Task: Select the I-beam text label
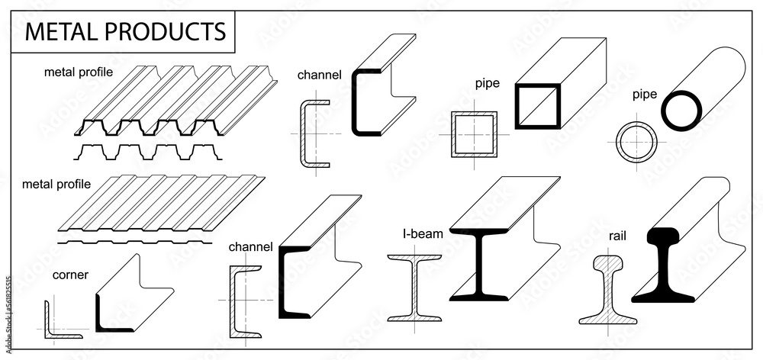tap(423, 234)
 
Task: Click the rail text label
tap(618, 236)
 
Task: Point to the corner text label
tap(70, 275)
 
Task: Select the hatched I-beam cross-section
tap(414, 288)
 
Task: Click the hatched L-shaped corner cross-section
tap(48, 320)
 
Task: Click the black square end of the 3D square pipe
tap(518, 105)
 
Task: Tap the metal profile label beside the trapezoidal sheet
tap(78, 73)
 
